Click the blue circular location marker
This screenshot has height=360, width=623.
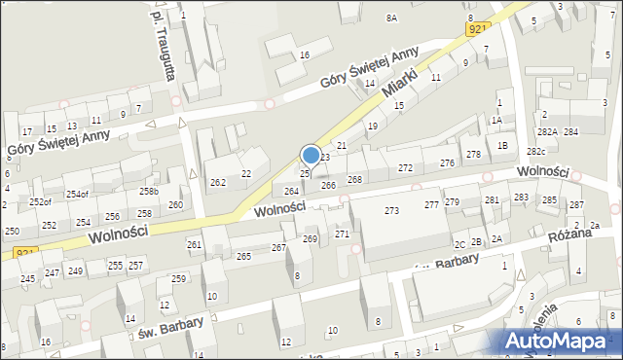pyautogui.click(x=311, y=155)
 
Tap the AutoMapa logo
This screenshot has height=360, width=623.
pyautogui.click(x=560, y=341)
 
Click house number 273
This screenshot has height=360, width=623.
pyautogui.click(x=391, y=210)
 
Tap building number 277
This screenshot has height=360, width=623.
pyautogui.click(x=431, y=204)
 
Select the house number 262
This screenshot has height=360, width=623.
pyautogui.click(x=218, y=182)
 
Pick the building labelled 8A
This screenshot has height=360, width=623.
pyautogui.click(x=391, y=18)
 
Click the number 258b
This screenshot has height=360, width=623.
pyautogui.click(x=148, y=192)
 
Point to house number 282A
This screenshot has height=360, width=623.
pyautogui.click(x=547, y=131)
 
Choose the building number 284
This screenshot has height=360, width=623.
pyautogui.click(x=570, y=131)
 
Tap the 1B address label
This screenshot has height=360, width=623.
pyautogui.click(x=502, y=145)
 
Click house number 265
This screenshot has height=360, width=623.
pyautogui.click(x=243, y=256)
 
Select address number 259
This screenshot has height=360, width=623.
pyautogui.click(x=178, y=279)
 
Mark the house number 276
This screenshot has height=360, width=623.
pyautogui.click(x=447, y=162)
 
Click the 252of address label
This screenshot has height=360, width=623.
pyautogui.click(x=40, y=201)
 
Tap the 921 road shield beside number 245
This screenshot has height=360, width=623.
pyautogui.click(x=26, y=253)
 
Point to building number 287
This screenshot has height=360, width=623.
pyautogui.click(x=576, y=204)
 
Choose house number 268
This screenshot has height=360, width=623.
pyautogui.click(x=354, y=179)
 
